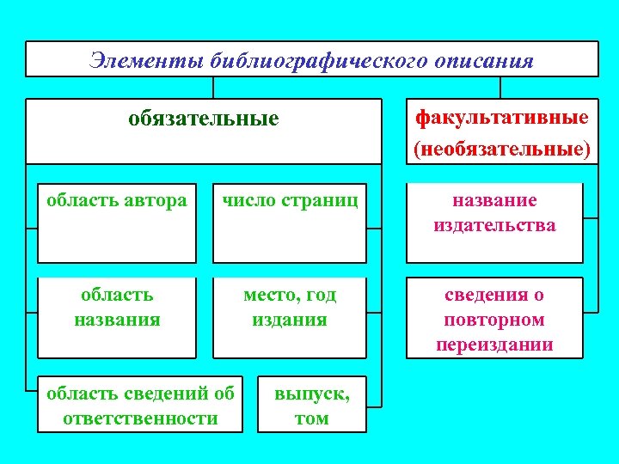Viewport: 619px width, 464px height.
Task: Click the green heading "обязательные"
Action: pos(204,118)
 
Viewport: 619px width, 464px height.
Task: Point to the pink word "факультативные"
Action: pos(502,116)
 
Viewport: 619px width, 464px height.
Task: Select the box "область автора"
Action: pos(117,223)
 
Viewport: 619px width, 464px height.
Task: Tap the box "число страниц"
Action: pos(291,223)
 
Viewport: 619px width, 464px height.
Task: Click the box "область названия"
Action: pos(117,317)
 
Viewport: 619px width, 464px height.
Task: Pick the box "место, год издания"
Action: pos(291,317)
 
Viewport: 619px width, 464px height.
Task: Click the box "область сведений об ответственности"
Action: pos(140,404)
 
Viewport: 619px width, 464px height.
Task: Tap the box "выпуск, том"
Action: pos(311,404)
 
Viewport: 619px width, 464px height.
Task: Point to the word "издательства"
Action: pos(494,225)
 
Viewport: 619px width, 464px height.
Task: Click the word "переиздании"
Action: pos(494,345)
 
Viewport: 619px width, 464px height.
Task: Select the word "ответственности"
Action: pos(140,418)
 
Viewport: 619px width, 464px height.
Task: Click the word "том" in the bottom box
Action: pos(311,418)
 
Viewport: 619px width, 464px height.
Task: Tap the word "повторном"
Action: pos(494,320)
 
